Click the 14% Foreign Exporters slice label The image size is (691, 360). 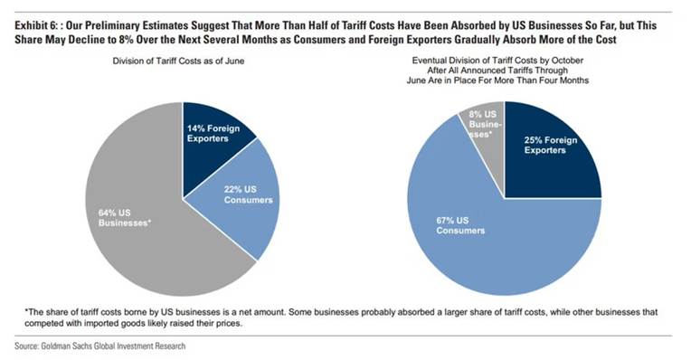click(213, 134)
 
